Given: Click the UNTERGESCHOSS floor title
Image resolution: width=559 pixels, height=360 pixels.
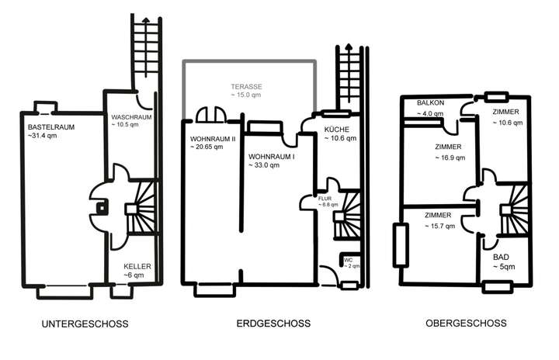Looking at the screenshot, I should click(x=86, y=324).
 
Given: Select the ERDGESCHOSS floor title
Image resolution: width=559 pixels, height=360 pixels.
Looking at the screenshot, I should click(x=273, y=324).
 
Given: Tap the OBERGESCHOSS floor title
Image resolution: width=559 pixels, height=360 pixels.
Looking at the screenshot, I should click(x=466, y=324).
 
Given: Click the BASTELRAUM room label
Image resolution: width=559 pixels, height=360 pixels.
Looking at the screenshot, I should click(x=50, y=126).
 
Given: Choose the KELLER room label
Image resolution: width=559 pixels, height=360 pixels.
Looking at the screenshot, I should click(x=137, y=266).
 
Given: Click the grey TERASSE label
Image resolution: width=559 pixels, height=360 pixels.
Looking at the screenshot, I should click(x=247, y=86).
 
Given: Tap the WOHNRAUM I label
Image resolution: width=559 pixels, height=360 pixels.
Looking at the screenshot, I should click(x=272, y=156).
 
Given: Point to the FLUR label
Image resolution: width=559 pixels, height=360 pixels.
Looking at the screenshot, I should click(x=325, y=199).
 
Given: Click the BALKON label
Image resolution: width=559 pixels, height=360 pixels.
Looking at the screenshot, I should click(x=430, y=103).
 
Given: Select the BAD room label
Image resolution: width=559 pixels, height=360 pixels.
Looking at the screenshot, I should click(x=501, y=256).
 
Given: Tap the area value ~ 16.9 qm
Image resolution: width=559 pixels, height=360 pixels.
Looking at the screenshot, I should click(x=450, y=157).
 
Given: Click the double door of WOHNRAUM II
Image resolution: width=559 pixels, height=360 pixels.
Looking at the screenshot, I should click(x=210, y=116).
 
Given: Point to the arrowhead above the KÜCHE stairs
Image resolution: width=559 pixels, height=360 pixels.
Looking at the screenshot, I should click(x=349, y=48).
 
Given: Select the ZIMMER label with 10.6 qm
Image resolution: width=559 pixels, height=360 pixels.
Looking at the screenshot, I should click(x=506, y=112).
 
